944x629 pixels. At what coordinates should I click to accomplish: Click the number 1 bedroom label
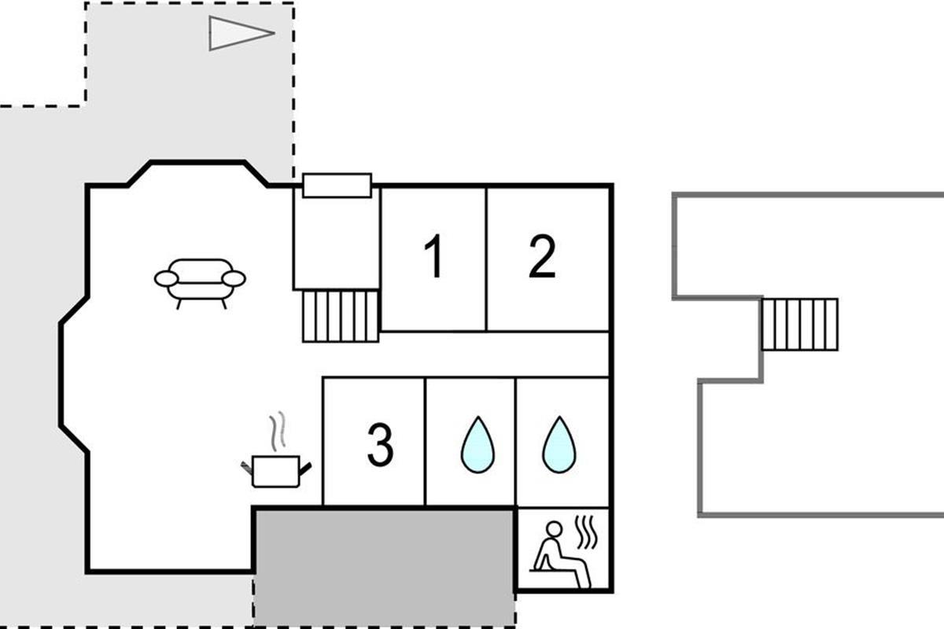point(434,256)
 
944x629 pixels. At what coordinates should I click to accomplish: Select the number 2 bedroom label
point(542,256)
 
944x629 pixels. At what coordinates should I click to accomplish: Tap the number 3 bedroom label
point(380,444)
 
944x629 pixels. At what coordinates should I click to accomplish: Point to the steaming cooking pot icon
point(276,450)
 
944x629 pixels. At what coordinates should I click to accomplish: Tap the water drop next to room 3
point(478,444)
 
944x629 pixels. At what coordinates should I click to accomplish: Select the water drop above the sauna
point(559,444)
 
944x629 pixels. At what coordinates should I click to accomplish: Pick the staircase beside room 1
point(341,316)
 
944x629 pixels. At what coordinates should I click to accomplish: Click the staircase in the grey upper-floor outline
point(800,324)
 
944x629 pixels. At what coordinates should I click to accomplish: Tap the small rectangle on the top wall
point(337,186)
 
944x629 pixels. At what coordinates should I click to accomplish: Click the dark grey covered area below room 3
point(385,568)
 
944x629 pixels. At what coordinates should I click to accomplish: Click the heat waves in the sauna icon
point(587,532)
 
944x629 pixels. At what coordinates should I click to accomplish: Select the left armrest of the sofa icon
point(167,278)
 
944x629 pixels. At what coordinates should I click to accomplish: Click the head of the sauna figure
point(554,529)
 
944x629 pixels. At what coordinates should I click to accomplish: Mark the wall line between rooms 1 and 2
point(486,259)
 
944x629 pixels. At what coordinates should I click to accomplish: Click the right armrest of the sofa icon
point(234,278)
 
